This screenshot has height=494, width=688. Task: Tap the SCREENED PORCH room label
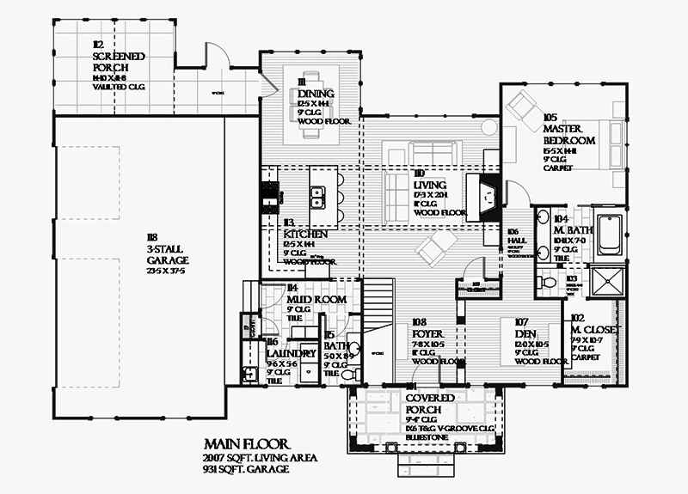119,62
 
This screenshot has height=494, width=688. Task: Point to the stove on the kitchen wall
267,201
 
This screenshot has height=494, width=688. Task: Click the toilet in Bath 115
348,375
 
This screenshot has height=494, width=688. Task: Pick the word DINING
317,94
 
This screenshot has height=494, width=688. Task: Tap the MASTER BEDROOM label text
568,134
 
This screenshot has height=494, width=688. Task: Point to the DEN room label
526,333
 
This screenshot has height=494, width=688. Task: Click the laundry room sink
249,374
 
